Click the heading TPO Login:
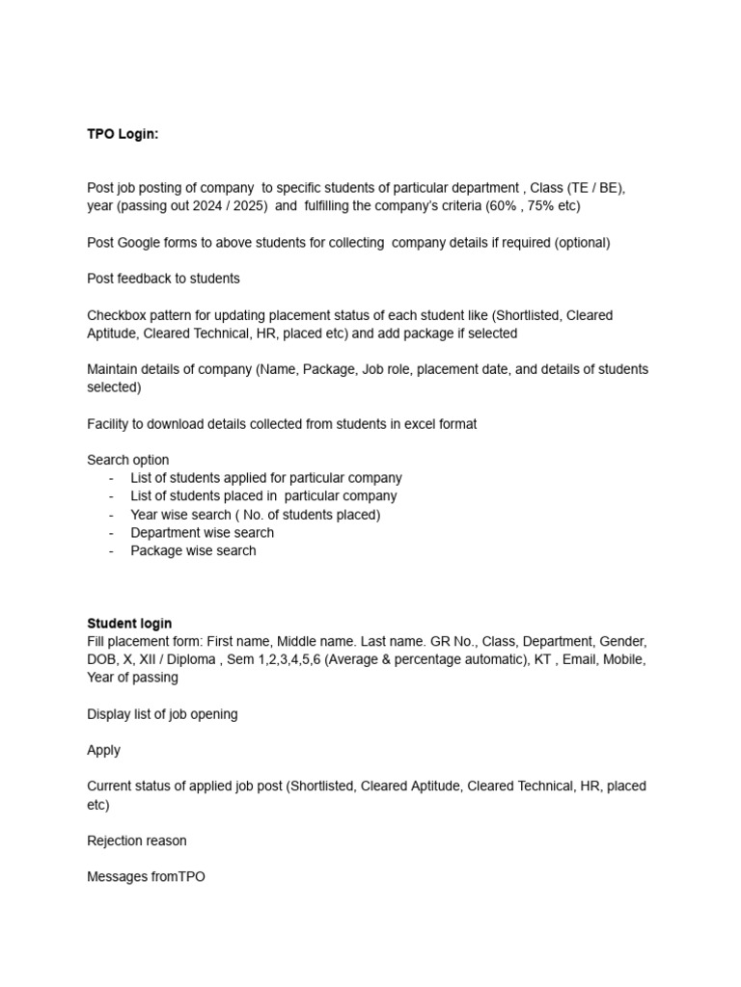(x=123, y=134)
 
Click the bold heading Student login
(x=129, y=623)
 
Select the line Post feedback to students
(x=163, y=279)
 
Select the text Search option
(x=127, y=460)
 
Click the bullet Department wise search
(x=202, y=532)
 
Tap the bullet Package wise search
(x=193, y=550)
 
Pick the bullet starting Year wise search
(x=255, y=515)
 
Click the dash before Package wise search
(x=112, y=550)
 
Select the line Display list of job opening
(x=162, y=714)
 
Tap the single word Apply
(x=103, y=750)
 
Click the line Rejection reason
(x=136, y=840)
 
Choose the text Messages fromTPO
(x=146, y=877)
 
